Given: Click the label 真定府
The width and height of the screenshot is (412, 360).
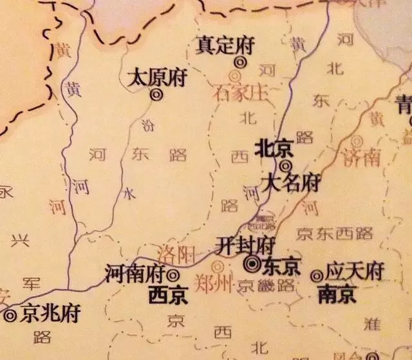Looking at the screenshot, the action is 225,46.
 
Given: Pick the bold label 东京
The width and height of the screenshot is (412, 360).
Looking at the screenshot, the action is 281,266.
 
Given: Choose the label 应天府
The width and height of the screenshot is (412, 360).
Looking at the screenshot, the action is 355,270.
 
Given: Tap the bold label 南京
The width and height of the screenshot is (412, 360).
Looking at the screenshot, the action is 337,294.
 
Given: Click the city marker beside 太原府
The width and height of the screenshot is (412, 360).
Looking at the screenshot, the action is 156,94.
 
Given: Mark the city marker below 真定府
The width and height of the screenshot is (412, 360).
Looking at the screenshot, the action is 240,62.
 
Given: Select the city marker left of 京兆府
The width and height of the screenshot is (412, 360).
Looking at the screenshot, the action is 10,316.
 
